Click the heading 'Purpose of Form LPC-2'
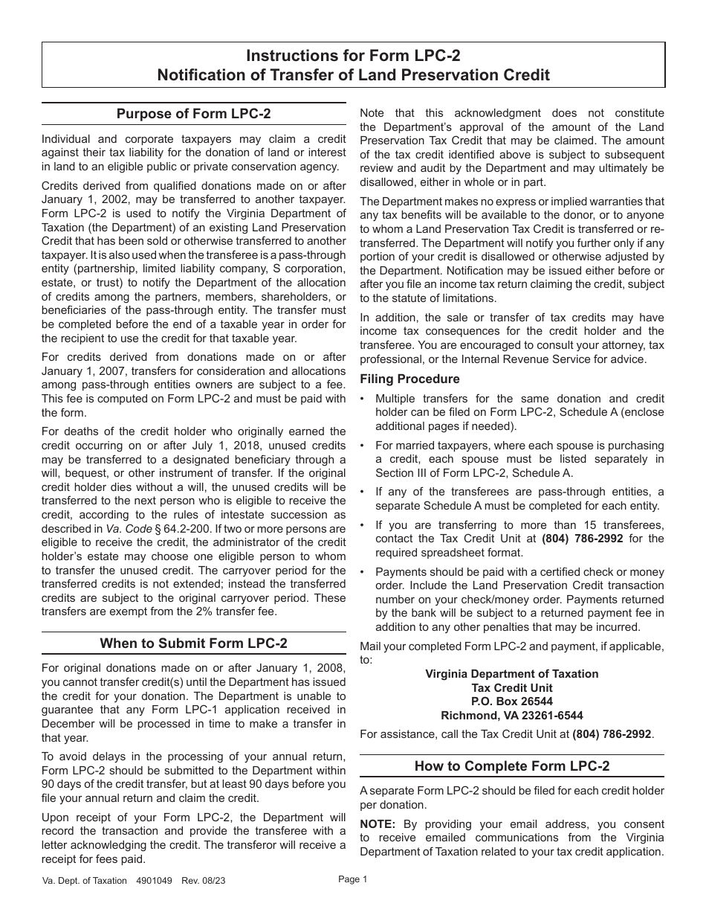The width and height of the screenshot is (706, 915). (194, 114)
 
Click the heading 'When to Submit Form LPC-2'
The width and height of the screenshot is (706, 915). (194, 643)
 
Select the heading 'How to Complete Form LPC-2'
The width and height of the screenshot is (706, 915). (511, 765)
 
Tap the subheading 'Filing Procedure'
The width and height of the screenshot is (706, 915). (409, 379)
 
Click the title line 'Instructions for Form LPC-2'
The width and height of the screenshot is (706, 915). (353, 55)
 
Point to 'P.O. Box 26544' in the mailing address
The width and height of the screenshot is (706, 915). (511, 701)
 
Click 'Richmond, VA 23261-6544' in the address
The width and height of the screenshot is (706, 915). (511, 715)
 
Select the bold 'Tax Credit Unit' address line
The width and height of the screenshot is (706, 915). (511, 687)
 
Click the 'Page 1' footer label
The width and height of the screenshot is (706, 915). (353, 879)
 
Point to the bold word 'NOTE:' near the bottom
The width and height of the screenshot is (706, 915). (378, 824)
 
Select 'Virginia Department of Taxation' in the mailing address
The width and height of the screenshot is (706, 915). (511, 673)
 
